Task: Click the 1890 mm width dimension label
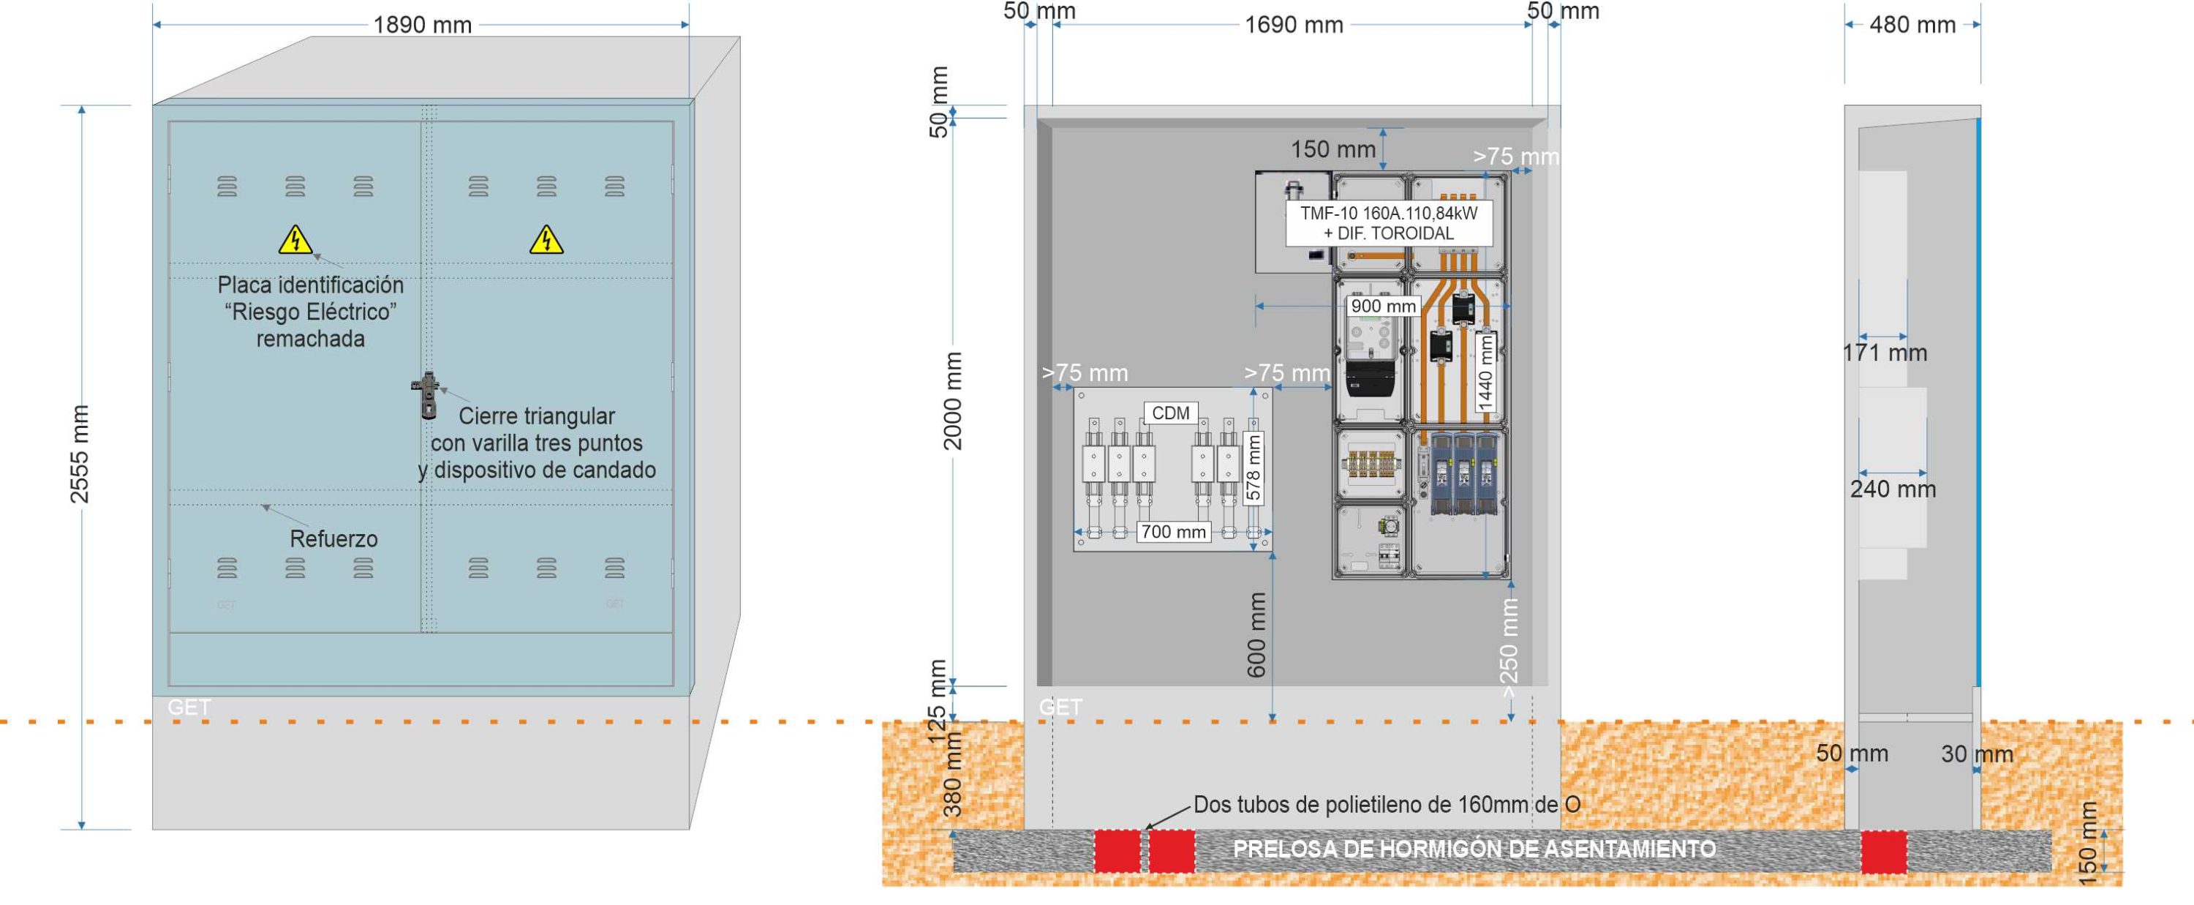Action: click(423, 25)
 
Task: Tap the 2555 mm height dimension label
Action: click(79, 454)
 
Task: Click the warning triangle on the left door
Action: click(295, 239)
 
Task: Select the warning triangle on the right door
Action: click(546, 239)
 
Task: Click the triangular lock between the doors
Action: click(426, 394)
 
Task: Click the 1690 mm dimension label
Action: click(1294, 25)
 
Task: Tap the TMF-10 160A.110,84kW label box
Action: click(1388, 223)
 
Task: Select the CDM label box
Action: click(1170, 413)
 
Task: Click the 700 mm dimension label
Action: click(1173, 532)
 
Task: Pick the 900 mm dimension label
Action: click(1383, 306)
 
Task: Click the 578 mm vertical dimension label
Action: click(1253, 467)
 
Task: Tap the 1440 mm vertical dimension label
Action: click(1485, 372)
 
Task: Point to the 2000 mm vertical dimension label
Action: click(952, 400)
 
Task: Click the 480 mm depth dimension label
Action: click(1912, 25)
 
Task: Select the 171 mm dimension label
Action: click(1884, 353)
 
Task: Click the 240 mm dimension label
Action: click(1893, 489)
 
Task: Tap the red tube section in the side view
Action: click(1883, 852)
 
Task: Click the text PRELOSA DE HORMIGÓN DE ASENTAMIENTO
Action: click(1474, 849)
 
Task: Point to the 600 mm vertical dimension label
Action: click(1256, 635)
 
